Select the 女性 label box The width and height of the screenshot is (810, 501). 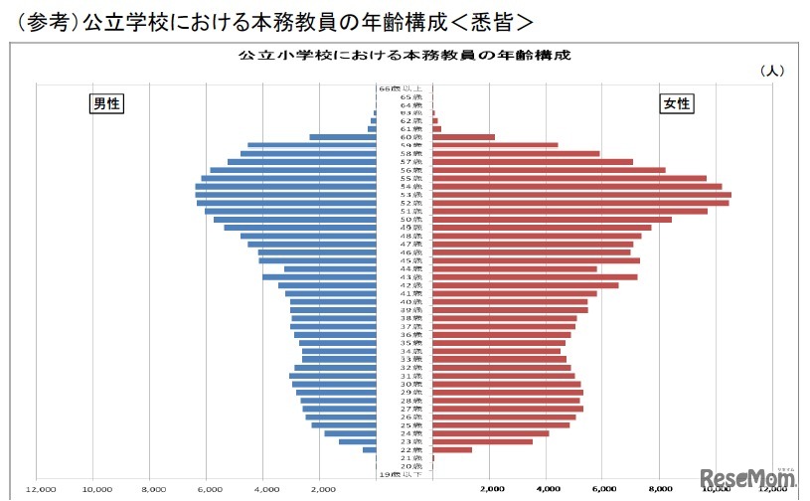[x=677, y=103]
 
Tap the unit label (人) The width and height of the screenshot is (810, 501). [x=771, y=71]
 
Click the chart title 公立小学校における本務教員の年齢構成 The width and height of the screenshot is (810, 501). [x=405, y=56]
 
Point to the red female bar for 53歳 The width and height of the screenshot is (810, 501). [x=581, y=195]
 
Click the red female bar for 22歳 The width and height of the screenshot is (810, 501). [x=452, y=449]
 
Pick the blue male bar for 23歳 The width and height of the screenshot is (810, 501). [x=359, y=441]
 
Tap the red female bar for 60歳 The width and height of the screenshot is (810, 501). [x=463, y=137]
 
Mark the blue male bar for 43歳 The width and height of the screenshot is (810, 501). [x=321, y=276]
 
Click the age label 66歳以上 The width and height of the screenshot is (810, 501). [x=405, y=88]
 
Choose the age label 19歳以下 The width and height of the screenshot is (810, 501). [x=405, y=474]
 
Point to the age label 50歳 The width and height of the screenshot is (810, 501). [x=405, y=219]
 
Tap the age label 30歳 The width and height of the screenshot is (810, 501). [x=405, y=384]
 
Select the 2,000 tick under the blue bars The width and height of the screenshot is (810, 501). [x=321, y=489]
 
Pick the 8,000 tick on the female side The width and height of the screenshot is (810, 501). [x=660, y=489]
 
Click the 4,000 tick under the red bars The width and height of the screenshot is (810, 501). [x=548, y=489]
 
